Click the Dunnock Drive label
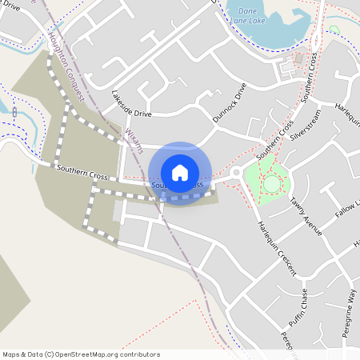[x=227, y=104]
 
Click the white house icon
[x=180, y=173]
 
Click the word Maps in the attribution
[x=10, y=354]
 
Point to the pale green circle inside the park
[x=272, y=184]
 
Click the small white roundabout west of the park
[x=236, y=174]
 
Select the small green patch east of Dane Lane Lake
[x=334, y=30]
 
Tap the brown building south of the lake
[x=298, y=58]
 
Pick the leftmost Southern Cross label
[x=82, y=172]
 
